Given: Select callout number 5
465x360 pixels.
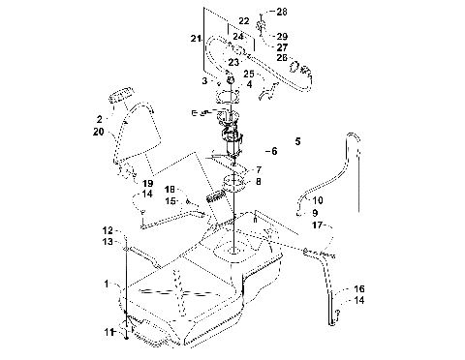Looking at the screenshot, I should point(296,141).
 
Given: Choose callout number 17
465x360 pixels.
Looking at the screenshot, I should point(316,225).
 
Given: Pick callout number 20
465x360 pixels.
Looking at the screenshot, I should point(100,131).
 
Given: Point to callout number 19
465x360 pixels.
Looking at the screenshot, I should point(147,183).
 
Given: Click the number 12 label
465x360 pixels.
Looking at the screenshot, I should point(108,229).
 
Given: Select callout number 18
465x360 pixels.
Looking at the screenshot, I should point(169,190).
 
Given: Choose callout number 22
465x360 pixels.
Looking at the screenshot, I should point(243,20).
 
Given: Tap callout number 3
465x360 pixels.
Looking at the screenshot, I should point(205,82).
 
